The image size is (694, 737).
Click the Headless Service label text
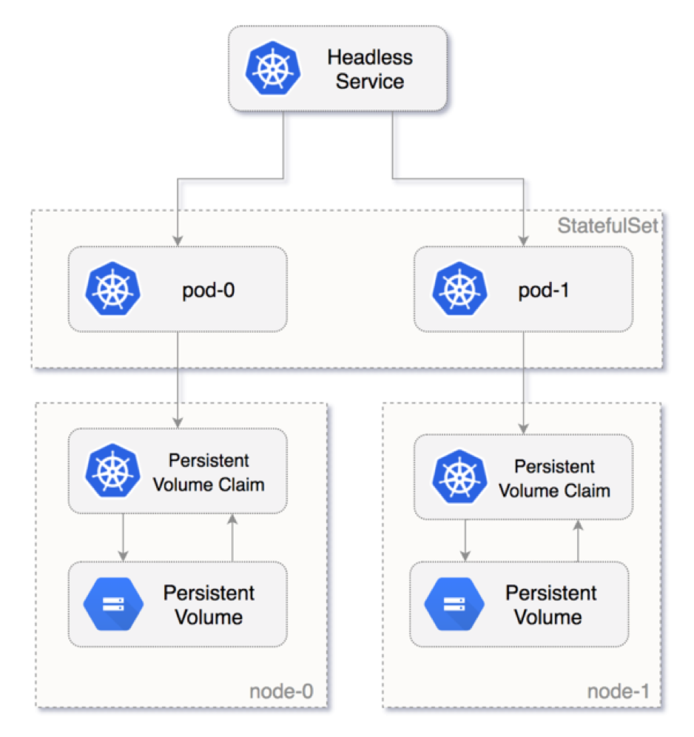click(369, 69)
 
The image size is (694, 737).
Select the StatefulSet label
click(607, 226)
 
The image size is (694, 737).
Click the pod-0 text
click(209, 289)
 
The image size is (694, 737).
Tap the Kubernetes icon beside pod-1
click(458, 289)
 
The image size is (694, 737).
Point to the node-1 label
click(618, 691)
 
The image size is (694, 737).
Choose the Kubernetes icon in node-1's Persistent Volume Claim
click(458, 478)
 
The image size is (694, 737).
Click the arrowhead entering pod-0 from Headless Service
click(178, 240)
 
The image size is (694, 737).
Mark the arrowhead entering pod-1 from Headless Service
click(523, 240)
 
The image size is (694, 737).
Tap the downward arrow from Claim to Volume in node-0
click(123, 538)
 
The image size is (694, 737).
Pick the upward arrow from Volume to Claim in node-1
click(577, 540)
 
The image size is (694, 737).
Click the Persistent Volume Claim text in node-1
click(554, 479)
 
